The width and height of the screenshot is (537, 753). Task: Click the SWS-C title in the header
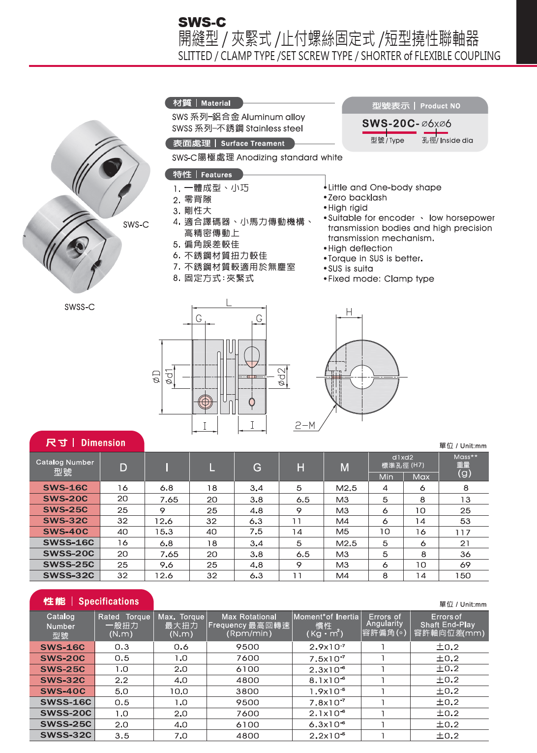(x=202, y=22)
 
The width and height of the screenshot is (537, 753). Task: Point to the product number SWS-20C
(x=390, y=124)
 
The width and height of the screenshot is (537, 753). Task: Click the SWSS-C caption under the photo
(x=79, y=307)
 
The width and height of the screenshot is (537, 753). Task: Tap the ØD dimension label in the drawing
(x=156, y=376)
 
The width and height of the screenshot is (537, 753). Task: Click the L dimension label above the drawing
(x=229, y=303)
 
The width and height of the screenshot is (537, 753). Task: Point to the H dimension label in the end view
(x=349, y=312)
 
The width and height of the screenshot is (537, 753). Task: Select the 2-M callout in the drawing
(x=305, y=425)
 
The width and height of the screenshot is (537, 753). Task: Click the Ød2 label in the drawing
(x=281, y=376)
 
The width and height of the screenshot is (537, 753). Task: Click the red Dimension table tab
(x=87, y=442)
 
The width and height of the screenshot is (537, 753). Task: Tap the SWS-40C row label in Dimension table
(x=65, y=532)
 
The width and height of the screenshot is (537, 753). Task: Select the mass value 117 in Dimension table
(x=463, y=532)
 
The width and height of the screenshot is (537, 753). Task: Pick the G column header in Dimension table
(x=257, y=468)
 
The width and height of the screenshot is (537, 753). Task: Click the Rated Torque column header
(x=124, y=626)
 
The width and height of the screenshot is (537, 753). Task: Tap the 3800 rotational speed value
(x=247, y=691)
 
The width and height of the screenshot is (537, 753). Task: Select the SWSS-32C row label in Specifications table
(x=65, y=735)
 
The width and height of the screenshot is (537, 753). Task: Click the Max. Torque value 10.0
(x=179, y=691)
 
